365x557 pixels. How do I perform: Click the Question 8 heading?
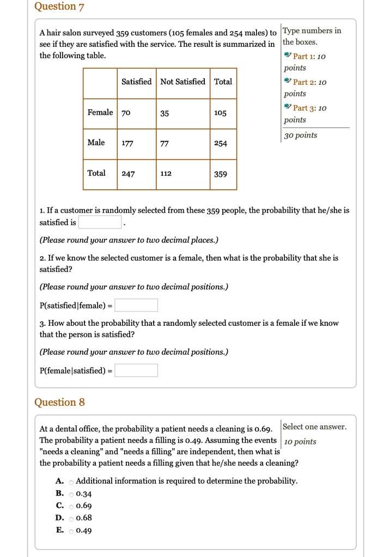pos(59,402)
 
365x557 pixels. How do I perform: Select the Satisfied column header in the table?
pos(136,82)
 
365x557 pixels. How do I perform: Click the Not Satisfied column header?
pos(182,82)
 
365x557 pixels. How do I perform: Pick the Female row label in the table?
pos(100,112)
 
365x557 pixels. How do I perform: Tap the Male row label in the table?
pos(96,143)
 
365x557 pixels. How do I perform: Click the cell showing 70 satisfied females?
pos(126,113)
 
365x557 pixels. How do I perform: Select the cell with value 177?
pos(127,144)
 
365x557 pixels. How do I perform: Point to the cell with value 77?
pos(165,144)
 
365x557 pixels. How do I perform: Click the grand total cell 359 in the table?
pos(221,174)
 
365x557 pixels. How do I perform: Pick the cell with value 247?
pos(128,174)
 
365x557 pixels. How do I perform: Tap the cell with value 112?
pos(166,174)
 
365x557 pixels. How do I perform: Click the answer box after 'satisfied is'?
pos(100,222)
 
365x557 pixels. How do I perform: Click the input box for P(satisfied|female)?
pos(136,305)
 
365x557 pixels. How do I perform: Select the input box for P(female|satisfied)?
pos(136,370)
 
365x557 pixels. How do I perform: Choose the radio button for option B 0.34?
pos(71,494)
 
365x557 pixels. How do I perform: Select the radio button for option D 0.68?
pos(71,518)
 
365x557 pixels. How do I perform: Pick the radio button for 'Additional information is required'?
pos(71,481)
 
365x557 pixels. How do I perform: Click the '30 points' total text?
pos(301,135)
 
